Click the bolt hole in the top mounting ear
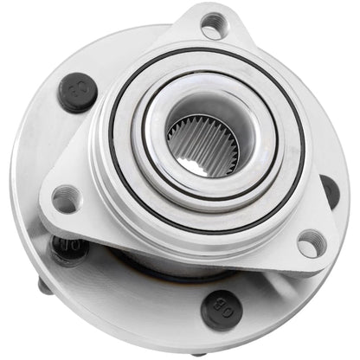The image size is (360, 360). pos(212,24)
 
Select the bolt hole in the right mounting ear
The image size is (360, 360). pos(310,243)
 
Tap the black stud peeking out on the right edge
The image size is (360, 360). pos(330,190)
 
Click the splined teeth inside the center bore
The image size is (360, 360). pos(205,144)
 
